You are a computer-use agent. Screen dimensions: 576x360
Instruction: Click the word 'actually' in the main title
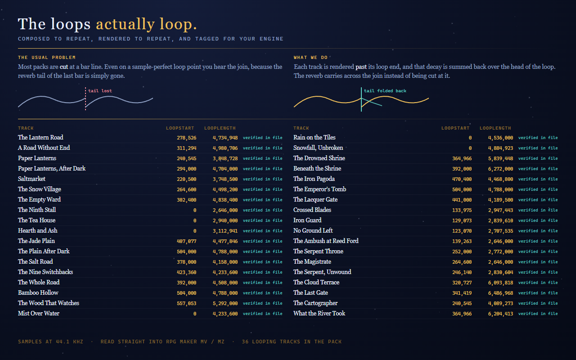coord(125,24)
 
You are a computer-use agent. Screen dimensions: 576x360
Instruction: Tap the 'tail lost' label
coord(100,91)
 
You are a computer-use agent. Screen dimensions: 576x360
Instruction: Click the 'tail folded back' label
coord(385,91)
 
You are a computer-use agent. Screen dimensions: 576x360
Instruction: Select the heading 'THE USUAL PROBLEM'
coord(46,57)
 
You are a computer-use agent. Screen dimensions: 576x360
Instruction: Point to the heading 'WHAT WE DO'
coord(310,57)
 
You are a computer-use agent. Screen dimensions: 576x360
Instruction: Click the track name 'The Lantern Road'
coord(40,137)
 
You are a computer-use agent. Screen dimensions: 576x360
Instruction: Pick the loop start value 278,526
coord(186,138)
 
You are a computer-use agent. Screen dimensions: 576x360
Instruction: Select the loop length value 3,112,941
coord(225,231)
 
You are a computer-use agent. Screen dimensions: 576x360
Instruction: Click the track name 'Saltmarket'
coord(31,179)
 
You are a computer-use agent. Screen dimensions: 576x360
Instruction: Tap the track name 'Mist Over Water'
coord(39,313)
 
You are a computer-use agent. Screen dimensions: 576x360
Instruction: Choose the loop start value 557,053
coord(186,303)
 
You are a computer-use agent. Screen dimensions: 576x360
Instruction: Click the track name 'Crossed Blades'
coord(312,210)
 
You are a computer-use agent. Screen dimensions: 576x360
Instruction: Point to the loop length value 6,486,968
coord(500,293)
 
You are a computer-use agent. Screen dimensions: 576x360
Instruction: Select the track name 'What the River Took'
coord(319,313)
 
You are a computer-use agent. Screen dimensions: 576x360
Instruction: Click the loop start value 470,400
coord(462,179)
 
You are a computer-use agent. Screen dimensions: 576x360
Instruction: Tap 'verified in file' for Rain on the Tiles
coord(538,138)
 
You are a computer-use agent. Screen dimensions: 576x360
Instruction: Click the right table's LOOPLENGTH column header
coord(495,128)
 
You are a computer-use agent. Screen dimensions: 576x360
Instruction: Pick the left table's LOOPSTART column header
coord(180,128)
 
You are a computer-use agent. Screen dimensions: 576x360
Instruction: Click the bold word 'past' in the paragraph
coord(361,67)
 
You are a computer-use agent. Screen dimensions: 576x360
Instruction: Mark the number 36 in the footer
coord(245,342)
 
